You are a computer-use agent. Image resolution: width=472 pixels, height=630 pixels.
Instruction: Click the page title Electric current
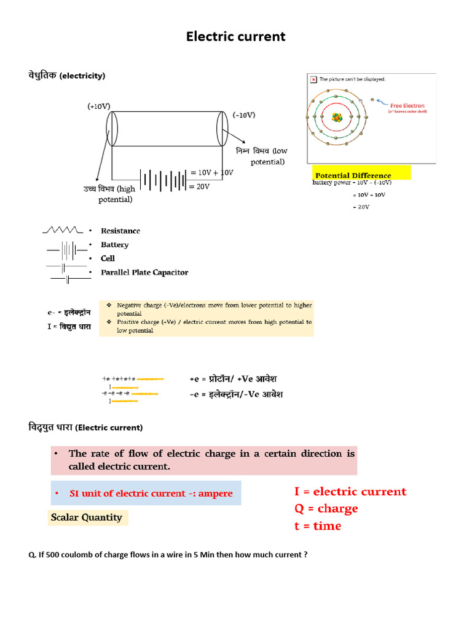click(236, 36)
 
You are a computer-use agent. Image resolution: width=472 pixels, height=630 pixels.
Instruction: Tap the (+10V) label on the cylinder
click(98, 106)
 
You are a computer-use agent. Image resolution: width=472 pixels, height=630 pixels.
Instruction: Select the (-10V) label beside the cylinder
click(244, 115)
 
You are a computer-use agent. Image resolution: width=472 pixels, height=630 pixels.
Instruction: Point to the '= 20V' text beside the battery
click(200, 186)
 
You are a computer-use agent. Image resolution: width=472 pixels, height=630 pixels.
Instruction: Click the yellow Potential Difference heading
click(353, 175)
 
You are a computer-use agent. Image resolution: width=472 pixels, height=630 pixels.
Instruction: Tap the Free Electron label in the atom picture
click(407, 106)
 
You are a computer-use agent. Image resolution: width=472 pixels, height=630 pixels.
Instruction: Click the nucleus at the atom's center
click(336, 117)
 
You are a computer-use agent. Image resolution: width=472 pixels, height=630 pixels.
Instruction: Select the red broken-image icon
click(313, 79)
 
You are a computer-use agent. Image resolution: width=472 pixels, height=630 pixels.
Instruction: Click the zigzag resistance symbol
click(62, 230)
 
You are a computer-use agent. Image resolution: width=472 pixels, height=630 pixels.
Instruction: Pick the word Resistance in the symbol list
click(120, 231)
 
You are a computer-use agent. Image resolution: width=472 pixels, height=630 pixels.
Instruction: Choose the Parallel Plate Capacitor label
click(144, 273)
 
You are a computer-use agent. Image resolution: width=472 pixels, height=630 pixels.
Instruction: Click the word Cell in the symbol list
click(108, 258)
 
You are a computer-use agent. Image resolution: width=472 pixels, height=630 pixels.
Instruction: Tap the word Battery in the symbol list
click(114, 245)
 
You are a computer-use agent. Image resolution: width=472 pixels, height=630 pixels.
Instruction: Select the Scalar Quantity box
click(86, 517)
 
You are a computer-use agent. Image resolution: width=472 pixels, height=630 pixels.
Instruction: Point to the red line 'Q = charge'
click(326, 509)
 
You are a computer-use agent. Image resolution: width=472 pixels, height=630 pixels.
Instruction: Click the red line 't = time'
click(318, 526)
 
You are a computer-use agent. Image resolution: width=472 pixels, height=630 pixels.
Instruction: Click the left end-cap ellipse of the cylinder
click(111, 129)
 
